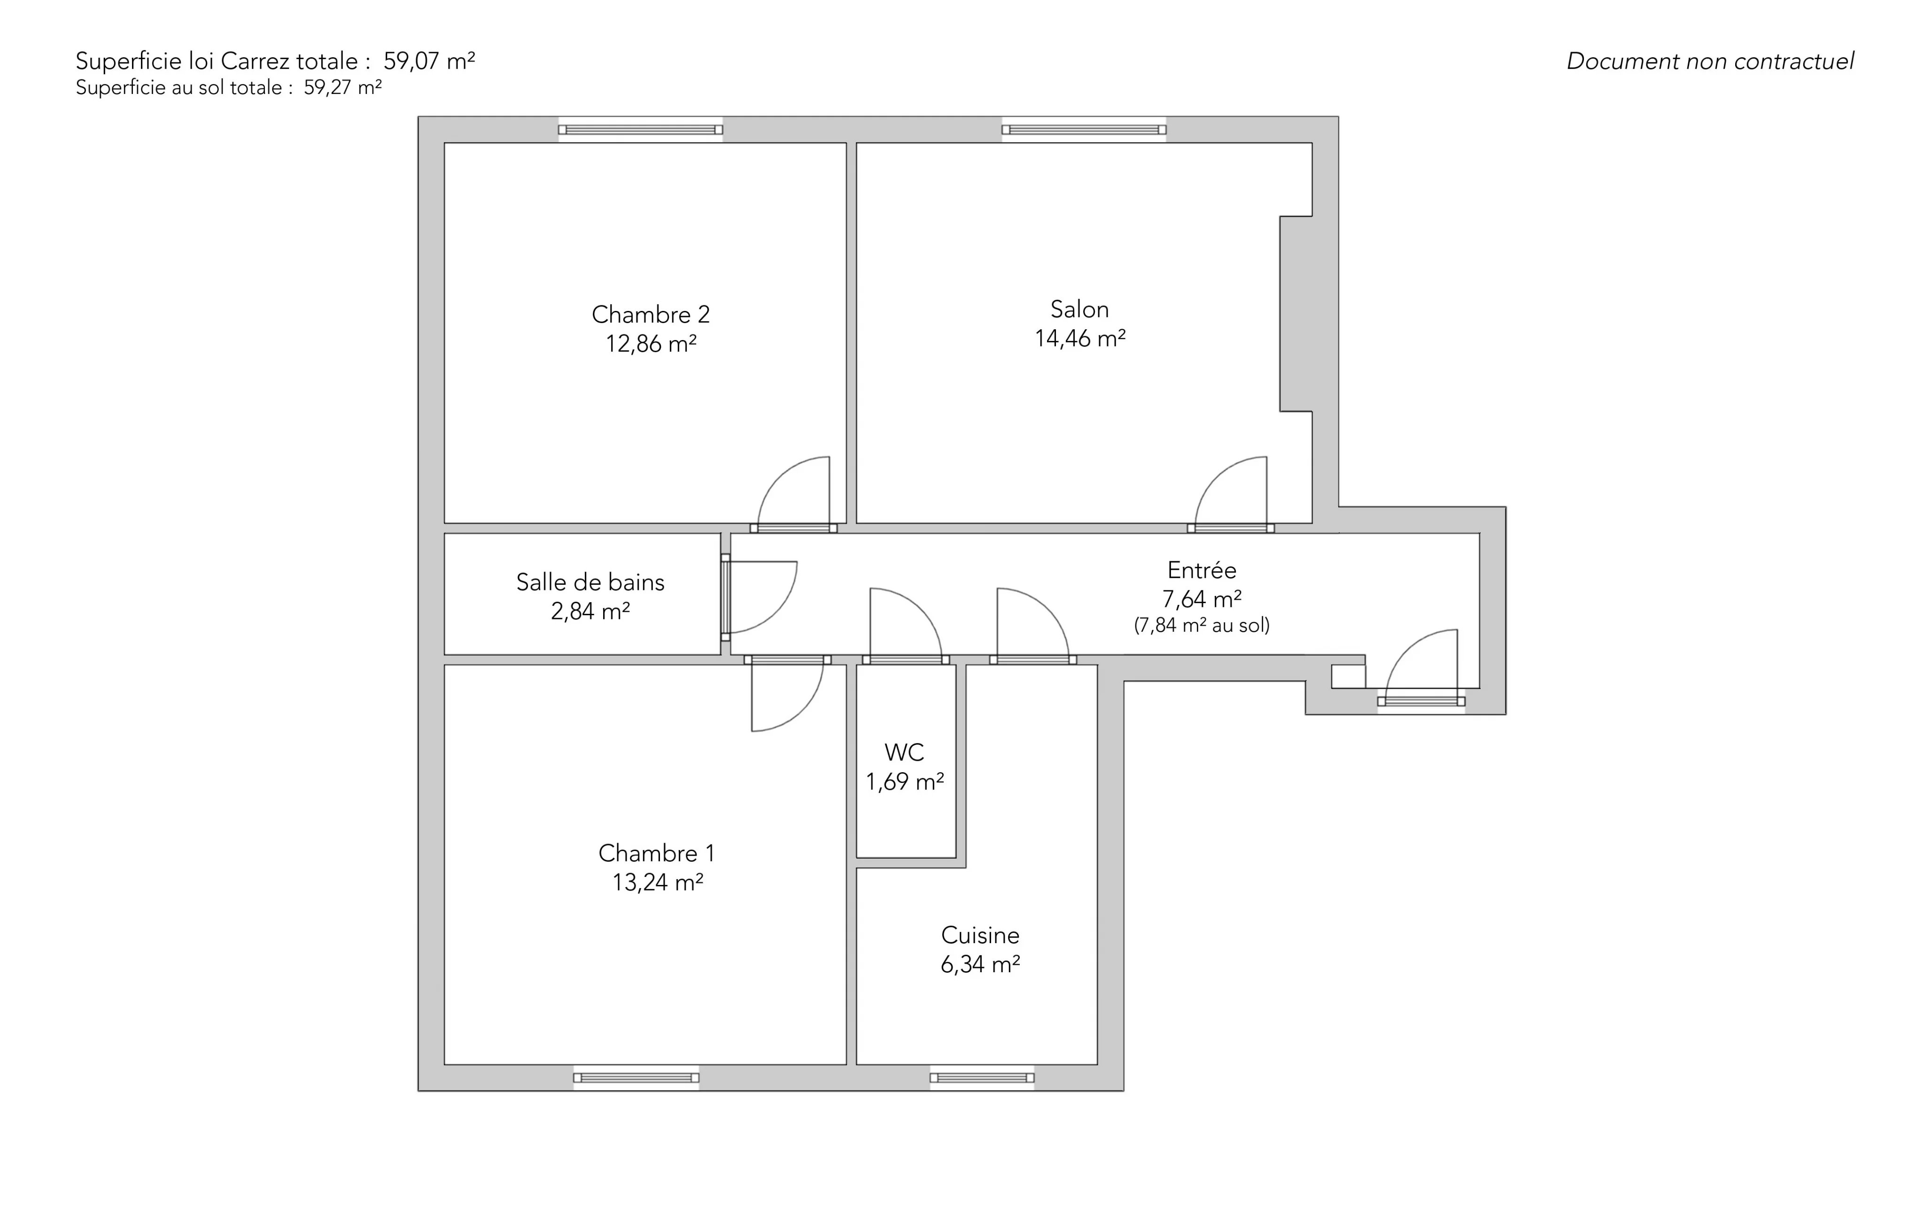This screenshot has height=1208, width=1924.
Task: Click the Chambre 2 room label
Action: [x=651, y=314]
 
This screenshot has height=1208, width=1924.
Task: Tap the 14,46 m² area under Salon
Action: [x=1080, y=339]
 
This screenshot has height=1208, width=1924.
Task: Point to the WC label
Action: [x=905, y=752]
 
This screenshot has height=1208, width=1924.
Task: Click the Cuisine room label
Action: [x=980, y=935]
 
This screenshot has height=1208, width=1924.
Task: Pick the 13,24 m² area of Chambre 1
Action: [x=658, y=882]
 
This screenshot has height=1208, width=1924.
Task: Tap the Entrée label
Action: [x=1202, y=570]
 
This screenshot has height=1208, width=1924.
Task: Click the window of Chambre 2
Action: [x=640, y=130]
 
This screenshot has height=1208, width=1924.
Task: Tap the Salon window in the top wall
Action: [x=1084, y=130]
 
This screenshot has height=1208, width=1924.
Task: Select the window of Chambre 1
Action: [x=636, y=1078]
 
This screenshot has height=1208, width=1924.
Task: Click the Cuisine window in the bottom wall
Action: [x=982, y=1078]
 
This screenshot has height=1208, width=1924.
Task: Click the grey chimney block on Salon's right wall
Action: [x=1296, y=314]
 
